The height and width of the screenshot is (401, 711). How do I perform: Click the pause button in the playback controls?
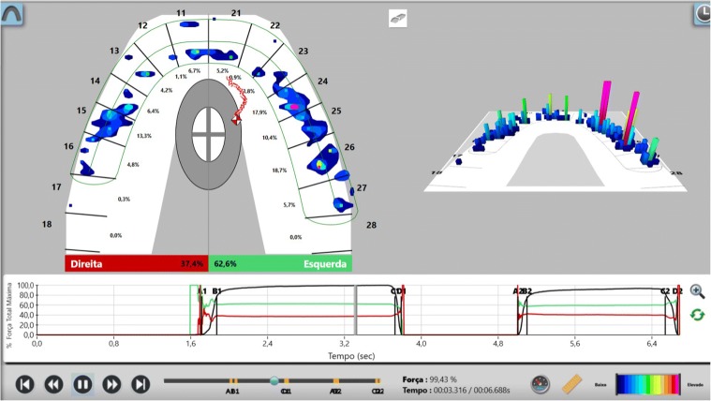(x=82, y=383)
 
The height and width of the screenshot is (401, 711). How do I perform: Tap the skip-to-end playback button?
(x=141, y=383)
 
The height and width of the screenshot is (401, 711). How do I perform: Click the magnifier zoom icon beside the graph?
(x=697, y=291)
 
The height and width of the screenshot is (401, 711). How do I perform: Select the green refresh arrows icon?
(x=697, y=314)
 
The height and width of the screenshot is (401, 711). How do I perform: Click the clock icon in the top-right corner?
(x=702, y=13)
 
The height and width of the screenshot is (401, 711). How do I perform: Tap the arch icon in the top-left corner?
(x=13, y=13)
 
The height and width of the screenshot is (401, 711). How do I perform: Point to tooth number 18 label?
(x=47, y=225)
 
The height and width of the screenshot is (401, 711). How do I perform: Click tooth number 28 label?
(x=371, y=225)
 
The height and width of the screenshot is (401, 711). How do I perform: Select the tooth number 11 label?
(x=180, y=12)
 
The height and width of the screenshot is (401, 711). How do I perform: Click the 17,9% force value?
(x=259, y=112)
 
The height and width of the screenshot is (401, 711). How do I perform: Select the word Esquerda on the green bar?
(x=326, y=264)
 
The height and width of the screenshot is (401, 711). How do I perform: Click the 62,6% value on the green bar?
(x=226, y=264)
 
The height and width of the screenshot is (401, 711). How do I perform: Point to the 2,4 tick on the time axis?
(x=267, y=344)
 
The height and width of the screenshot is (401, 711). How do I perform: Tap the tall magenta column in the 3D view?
(x=607, y=108)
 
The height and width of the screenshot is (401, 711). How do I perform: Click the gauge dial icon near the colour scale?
(x=539, y=384)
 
